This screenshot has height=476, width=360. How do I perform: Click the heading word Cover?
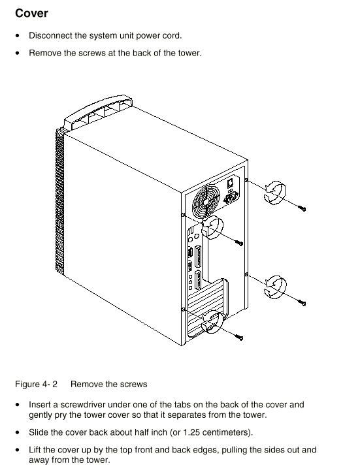point(31,13)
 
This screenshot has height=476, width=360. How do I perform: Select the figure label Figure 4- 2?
point(36,384)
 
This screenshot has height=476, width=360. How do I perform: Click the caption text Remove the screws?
point(108,384)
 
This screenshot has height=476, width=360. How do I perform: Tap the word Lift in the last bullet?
point(35,450)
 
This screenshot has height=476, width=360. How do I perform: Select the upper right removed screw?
point(302,208)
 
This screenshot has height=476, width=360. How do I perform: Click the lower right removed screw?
point(302,302)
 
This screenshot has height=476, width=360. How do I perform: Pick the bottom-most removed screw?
point(239,337)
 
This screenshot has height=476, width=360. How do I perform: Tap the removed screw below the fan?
point(239,242)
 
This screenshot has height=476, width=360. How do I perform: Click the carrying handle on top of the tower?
point(97,111)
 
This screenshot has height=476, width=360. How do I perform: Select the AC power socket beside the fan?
point(231,199)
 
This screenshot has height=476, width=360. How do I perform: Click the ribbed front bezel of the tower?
point(60,200)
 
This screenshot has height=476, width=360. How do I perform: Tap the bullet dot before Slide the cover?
point(18,432)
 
